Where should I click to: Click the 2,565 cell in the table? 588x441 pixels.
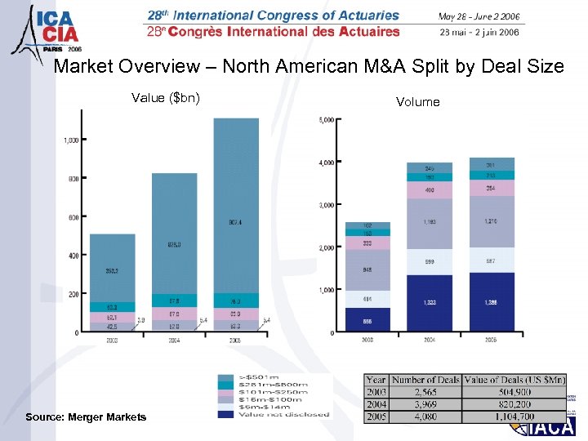(424, 391)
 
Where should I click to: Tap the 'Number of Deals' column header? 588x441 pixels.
(424, 380)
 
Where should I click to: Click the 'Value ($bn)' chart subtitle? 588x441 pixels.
(166, 99)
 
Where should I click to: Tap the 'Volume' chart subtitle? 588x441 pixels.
(417, 102)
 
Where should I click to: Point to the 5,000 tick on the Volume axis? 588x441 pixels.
(325, 120)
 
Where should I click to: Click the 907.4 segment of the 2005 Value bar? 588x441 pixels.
(236, 221)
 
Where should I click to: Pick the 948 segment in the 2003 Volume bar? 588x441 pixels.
(367, 269)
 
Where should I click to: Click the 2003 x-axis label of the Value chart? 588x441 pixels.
(112, 340)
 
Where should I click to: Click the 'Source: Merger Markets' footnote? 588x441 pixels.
(86, 417)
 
